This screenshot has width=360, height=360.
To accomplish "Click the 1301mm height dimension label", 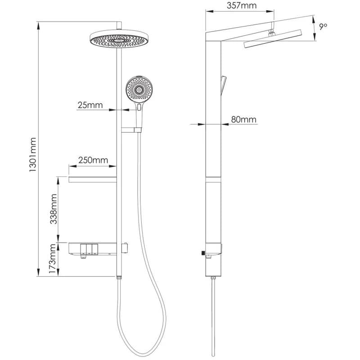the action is coord(33,154).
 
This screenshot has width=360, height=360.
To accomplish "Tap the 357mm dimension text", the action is coord(242,5).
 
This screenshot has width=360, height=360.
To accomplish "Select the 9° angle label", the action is coord(323,27).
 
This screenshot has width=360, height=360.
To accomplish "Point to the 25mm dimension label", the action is coord(90,105).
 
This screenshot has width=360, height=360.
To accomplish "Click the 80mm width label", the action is coord(243,119).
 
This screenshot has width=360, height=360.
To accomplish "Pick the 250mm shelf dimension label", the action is coord(93,160).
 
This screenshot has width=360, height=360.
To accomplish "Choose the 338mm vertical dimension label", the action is coord(54,209).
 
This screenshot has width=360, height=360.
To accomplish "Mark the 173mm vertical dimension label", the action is coord(53,259).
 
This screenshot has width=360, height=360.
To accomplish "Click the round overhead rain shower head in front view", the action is coord(119,39).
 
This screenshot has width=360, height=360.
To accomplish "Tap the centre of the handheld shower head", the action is coord(139,90).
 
